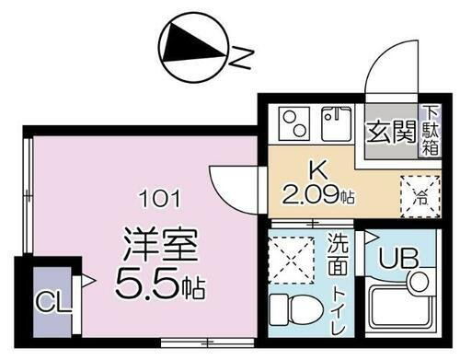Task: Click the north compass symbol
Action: tap(192, 51)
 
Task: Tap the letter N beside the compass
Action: tap(236, 61)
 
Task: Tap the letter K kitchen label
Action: tap(316, 170)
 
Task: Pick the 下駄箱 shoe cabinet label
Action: tap(430, 130)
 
